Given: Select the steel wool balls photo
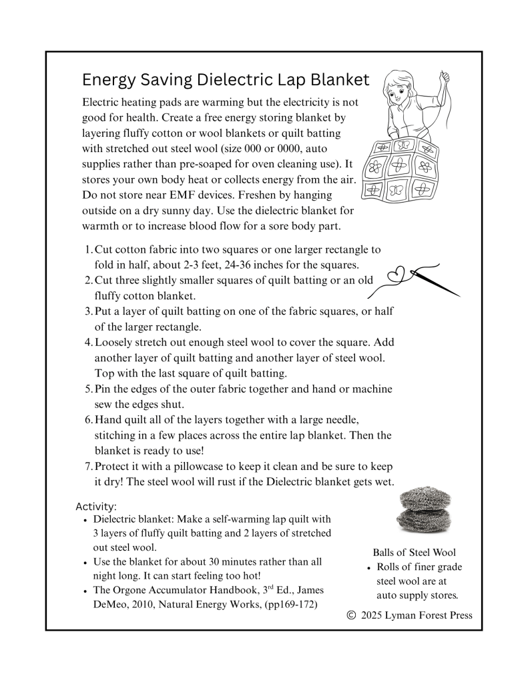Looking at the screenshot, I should click(424, 510).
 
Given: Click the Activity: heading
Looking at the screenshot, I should click(96, 506).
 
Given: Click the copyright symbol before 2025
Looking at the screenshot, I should click(352, 615).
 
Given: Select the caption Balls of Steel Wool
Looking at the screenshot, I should click(414, 553).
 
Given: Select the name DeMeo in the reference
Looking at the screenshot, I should click(110, 604).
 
